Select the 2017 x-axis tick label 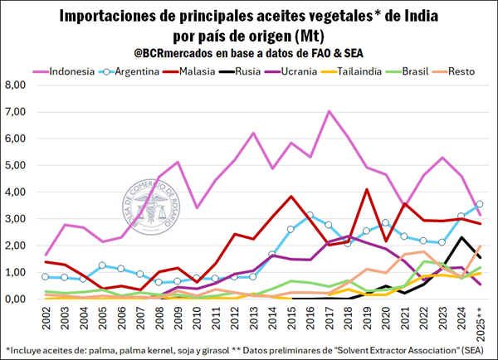(330, 320)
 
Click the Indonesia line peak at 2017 (330, 111)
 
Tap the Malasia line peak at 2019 (367, 189)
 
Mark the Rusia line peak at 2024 (461, 237)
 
